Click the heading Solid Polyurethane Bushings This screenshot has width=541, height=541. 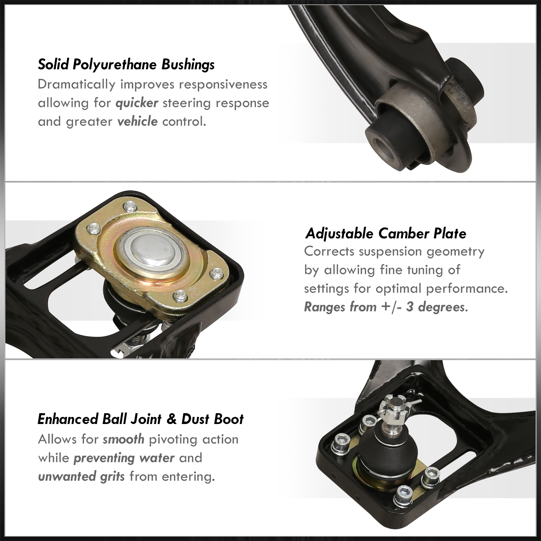click(x=126, y=65)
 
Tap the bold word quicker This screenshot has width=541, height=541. click(x=137, y=103)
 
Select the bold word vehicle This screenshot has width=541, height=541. click(x=137, y=121)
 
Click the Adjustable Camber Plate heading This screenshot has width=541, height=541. click(x=386, y=234)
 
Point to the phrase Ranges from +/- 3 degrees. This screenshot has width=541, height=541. click(x=386, y=307)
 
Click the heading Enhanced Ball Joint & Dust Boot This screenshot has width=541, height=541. click(x=141, y=419)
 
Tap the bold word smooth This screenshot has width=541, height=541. click(x=124, y=439)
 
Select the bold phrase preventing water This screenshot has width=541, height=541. click(x=124, y=458)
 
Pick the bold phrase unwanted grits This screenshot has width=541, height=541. click(x=81, y=476)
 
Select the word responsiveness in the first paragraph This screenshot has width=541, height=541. click(x=223, y=85)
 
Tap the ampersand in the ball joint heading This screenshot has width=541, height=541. click(x=172, y=419)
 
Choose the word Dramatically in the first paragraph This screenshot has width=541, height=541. click(x=77, y=85)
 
